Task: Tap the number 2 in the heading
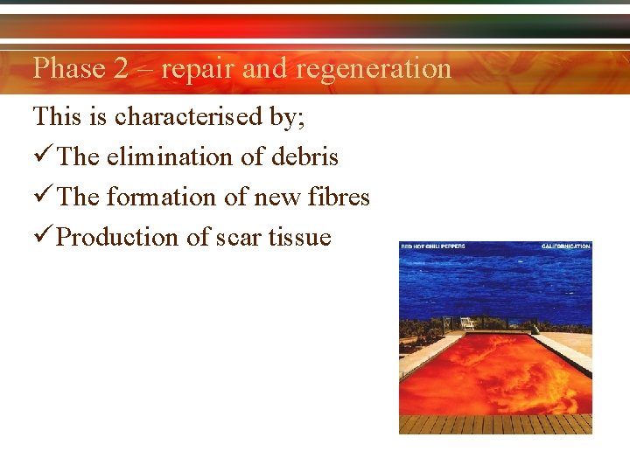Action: (122, 68)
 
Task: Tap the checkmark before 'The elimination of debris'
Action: (42, 156)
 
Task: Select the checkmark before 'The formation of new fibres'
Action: (42, 197)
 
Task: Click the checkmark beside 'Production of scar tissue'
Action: (42, 237)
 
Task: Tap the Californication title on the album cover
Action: (565, 246)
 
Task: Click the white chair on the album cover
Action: (468, 323)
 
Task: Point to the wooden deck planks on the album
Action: (495, 424)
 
